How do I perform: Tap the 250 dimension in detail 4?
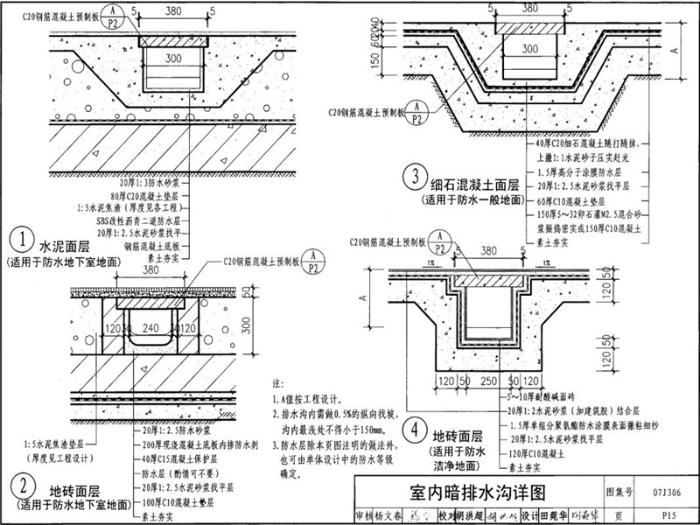click(x=488, y=382)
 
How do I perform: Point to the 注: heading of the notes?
click(x=278, y=383)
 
